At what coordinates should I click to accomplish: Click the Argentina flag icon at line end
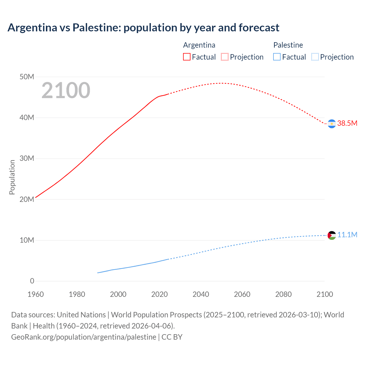332,124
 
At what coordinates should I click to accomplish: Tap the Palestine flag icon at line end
332,235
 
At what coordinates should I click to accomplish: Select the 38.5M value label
347,123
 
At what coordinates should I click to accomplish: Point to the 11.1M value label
347,235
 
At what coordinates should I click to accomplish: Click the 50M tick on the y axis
27,77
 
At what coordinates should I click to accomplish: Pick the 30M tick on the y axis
27,158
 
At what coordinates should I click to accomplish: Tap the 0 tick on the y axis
32,281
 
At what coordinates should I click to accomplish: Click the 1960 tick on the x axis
36,294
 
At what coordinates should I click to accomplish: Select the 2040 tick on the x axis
201,294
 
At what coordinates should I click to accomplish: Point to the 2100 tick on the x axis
325,294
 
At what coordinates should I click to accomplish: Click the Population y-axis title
12,177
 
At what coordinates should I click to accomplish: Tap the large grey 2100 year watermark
66,90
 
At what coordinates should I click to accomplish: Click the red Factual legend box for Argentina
186,57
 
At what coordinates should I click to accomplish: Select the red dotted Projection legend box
225,57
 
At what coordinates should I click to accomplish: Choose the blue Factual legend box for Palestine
277,57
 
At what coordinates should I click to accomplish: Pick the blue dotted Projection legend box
315,57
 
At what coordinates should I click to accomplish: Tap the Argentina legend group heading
199,45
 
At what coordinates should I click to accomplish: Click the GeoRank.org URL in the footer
84,337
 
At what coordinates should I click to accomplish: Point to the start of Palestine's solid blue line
98,273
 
